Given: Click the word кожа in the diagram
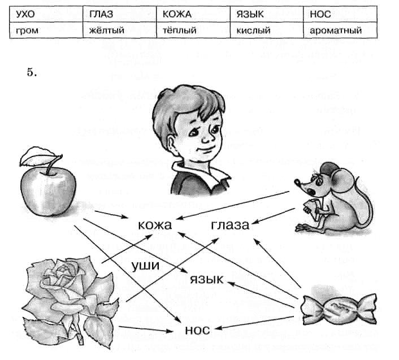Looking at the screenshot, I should (x=154, y=225).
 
